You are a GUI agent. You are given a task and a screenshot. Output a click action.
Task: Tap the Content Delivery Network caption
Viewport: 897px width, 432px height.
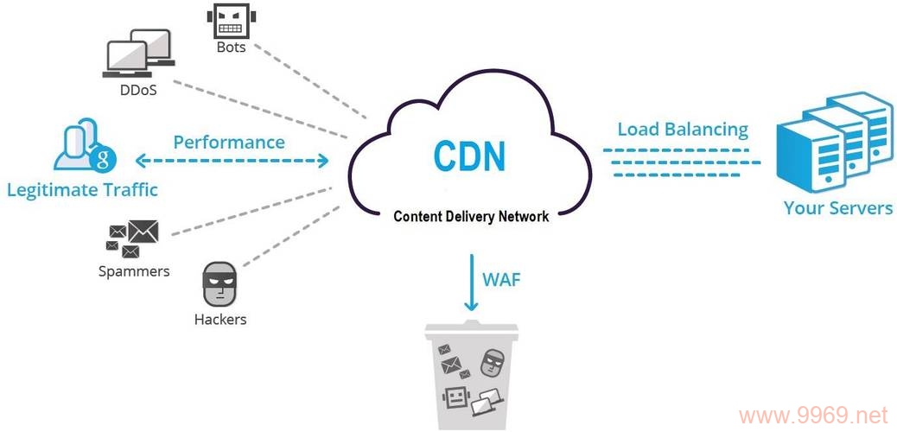click(471, 216)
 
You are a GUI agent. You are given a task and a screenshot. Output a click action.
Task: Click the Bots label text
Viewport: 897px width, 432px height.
click(231, 48)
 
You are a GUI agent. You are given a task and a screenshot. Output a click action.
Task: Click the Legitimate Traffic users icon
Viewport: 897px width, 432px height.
click(83, 147)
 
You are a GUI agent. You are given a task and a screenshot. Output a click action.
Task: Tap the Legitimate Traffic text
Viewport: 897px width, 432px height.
click(82, 188)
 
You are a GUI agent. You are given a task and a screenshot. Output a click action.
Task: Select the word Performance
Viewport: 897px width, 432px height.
click(229, 142)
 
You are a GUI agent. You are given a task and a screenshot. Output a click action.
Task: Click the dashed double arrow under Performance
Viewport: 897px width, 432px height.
click(232, 161)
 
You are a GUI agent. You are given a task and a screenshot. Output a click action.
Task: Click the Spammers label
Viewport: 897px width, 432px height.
click(133, 271)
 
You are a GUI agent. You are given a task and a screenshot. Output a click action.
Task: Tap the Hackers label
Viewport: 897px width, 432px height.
click(219, 319)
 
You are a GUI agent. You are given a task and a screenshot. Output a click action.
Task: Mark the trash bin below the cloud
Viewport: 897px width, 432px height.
click(471, 376)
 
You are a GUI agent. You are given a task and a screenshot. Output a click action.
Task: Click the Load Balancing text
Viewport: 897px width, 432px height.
click(683, 130)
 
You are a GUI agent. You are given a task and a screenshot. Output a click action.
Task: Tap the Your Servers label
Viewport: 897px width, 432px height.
click(837, 208)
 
